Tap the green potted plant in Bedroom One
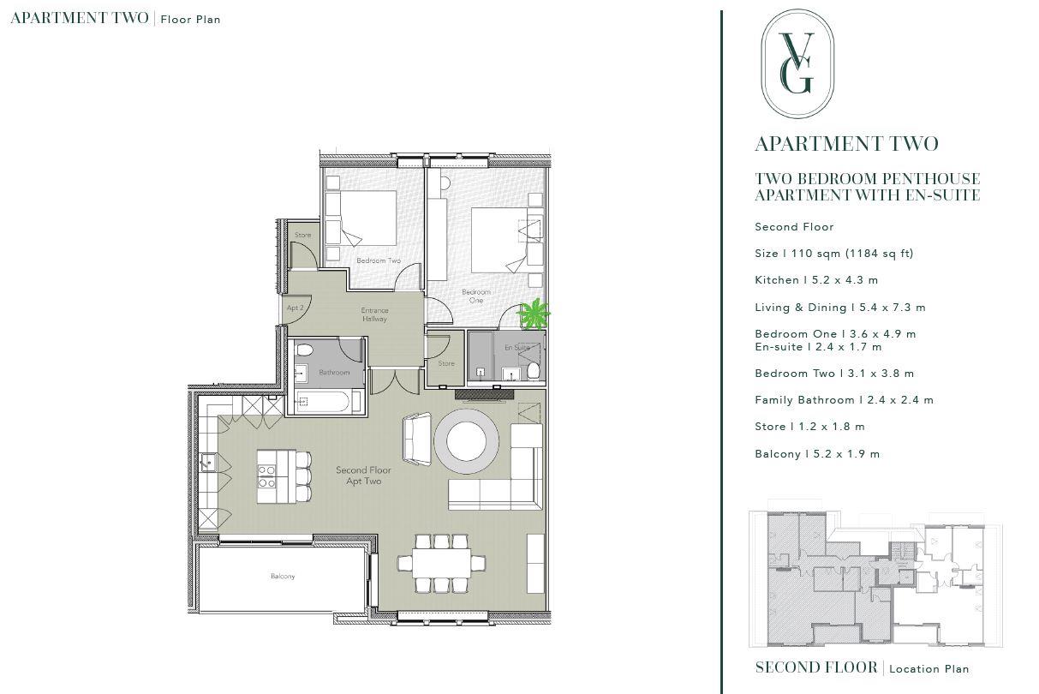(x=534, y=314)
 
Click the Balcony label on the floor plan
(x=283, y=577)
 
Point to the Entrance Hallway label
(x=374, y=314)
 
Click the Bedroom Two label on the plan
(x=379, y=260)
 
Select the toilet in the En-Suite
(x=533, y=370)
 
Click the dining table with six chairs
(x=440, y=563)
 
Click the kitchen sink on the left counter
(x=208, y=464)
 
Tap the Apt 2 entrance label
(x=296, y=308)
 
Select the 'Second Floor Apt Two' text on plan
(x=363, y=476)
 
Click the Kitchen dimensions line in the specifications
(x=815, y=280)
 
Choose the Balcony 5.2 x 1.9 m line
(x=816, y=454)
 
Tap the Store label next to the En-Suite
(x=446, y=363)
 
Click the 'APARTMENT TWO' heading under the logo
(x=846, y=144)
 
